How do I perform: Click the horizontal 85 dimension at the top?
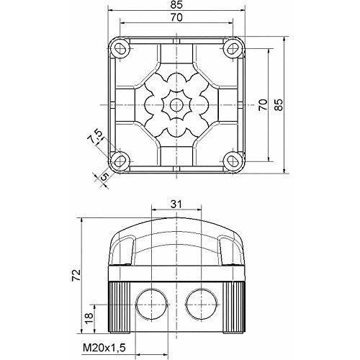177,4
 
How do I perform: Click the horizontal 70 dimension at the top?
176,17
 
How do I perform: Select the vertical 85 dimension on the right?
279,104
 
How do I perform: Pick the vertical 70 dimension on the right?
263,104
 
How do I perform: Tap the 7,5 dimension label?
94,136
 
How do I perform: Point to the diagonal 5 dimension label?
104,176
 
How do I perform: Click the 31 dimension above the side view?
176,204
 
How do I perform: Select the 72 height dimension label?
76,275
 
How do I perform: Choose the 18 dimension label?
89,319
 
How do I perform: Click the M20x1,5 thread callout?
104,347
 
